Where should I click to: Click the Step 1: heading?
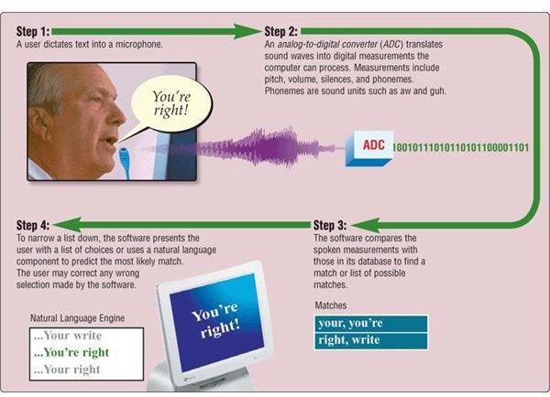point(33,31)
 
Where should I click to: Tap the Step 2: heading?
point(281,31)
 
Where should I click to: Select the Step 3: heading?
point(330,225)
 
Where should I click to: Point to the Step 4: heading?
point(33,225)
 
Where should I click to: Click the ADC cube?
point(369,148)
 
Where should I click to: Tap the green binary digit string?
point(460,147)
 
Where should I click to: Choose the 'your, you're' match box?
point(370,324)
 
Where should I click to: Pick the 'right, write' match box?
point(370,340)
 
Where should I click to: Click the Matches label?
point(330,306)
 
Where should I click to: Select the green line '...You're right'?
point(71,352)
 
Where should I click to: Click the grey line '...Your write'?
point(68,336)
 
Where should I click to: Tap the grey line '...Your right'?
point(67,370)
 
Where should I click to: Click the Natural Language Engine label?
point(78,318)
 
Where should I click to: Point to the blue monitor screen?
point(216,323)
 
